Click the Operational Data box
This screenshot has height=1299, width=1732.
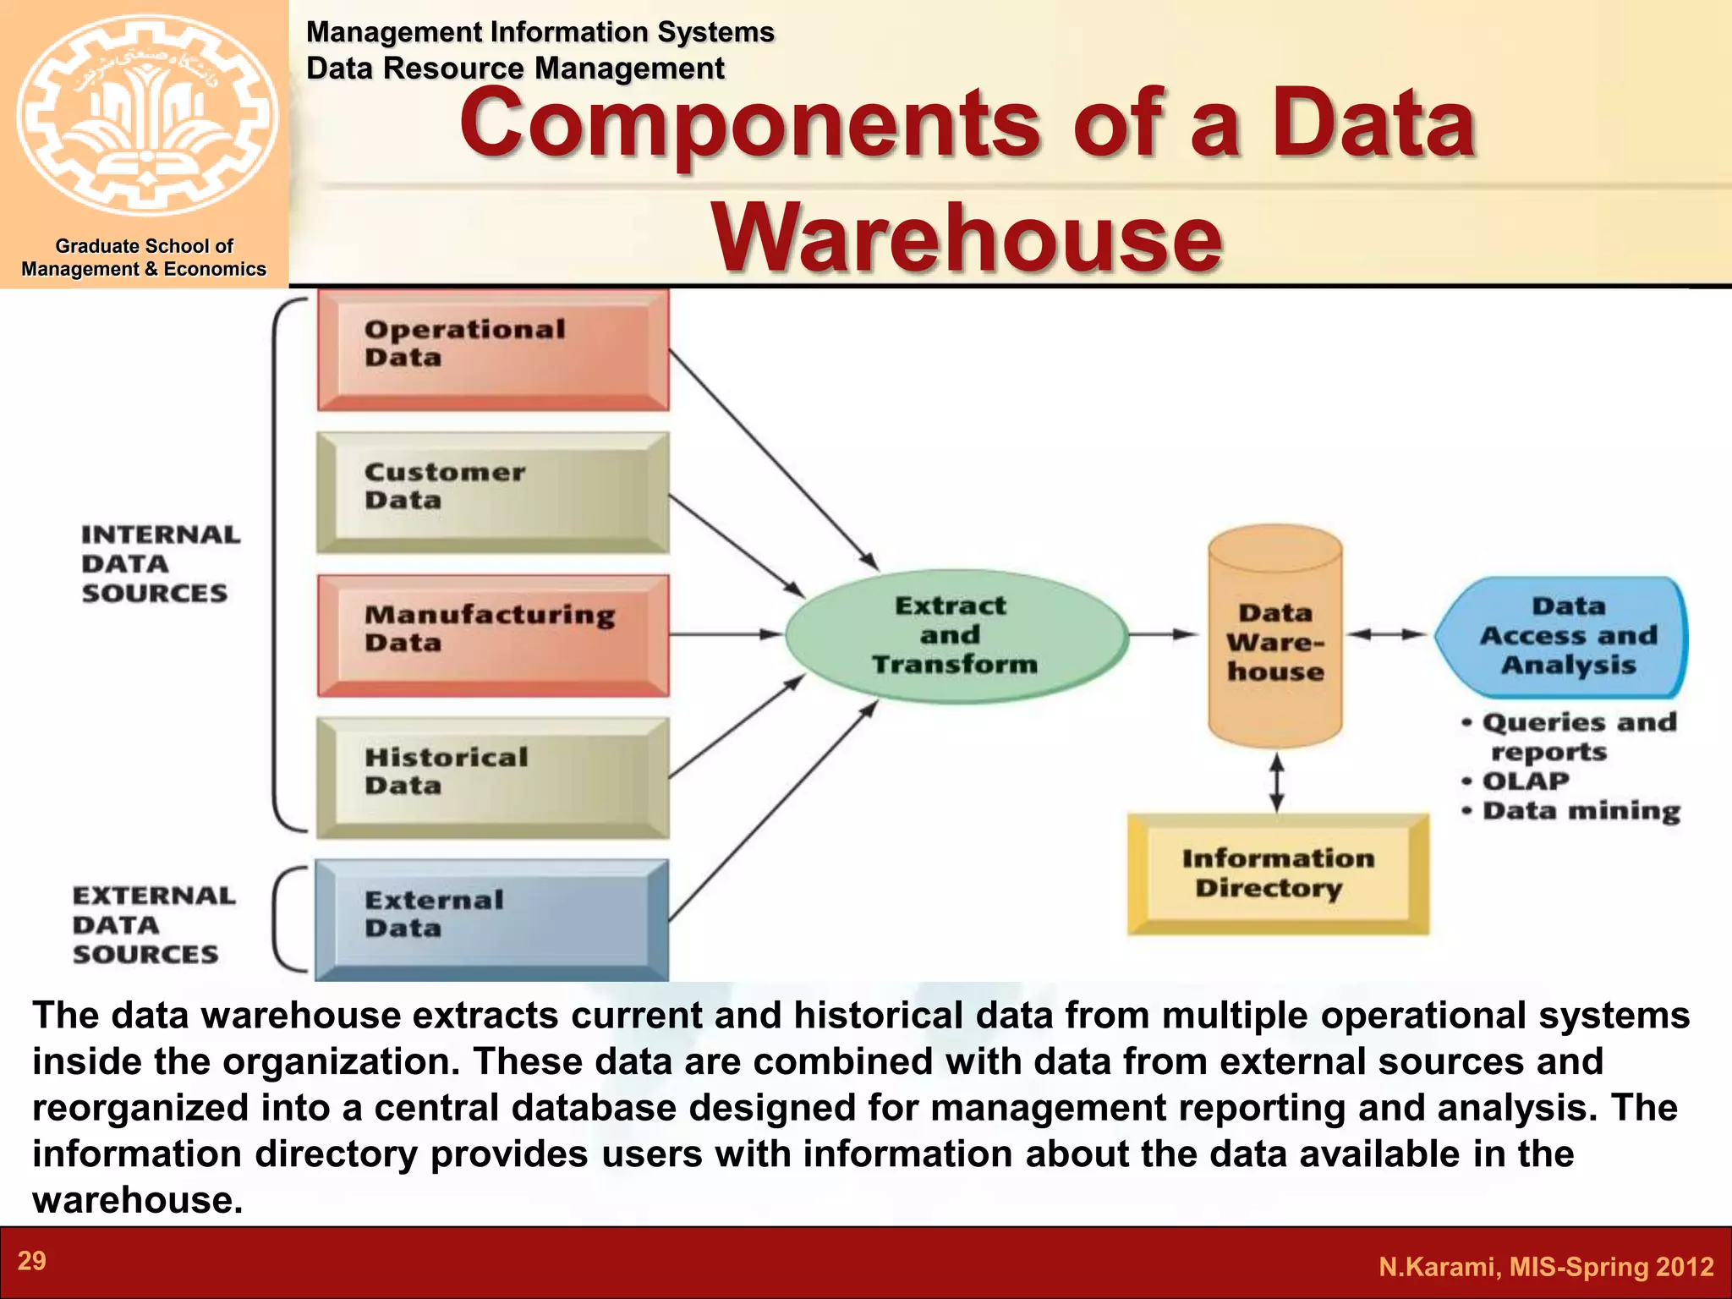click(493, 349)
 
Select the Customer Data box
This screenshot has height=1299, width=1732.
click(493, 492)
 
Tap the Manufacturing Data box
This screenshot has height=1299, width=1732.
click(493, 635)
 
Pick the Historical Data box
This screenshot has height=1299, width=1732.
click(493, 777)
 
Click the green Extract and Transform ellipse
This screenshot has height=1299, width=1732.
click(956, 635)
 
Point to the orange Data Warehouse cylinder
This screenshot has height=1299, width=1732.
click(1275, 636)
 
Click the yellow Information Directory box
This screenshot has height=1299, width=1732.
click(1278, 874)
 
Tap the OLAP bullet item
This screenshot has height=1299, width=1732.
click(1526, 781)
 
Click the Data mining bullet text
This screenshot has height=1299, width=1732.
click(1581, 810)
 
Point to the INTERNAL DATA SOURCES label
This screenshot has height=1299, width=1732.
click(159, 564)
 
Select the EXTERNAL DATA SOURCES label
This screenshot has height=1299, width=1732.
click(152, 924)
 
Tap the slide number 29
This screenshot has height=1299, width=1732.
click(32, 1261)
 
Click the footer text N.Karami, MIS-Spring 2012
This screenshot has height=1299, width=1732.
click(1546, 1266)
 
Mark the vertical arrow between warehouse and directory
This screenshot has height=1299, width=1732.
click(1277, 782)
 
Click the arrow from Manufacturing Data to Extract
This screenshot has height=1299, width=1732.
click(726, 633)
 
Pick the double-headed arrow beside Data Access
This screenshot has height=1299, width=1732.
click(1386, 634)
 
